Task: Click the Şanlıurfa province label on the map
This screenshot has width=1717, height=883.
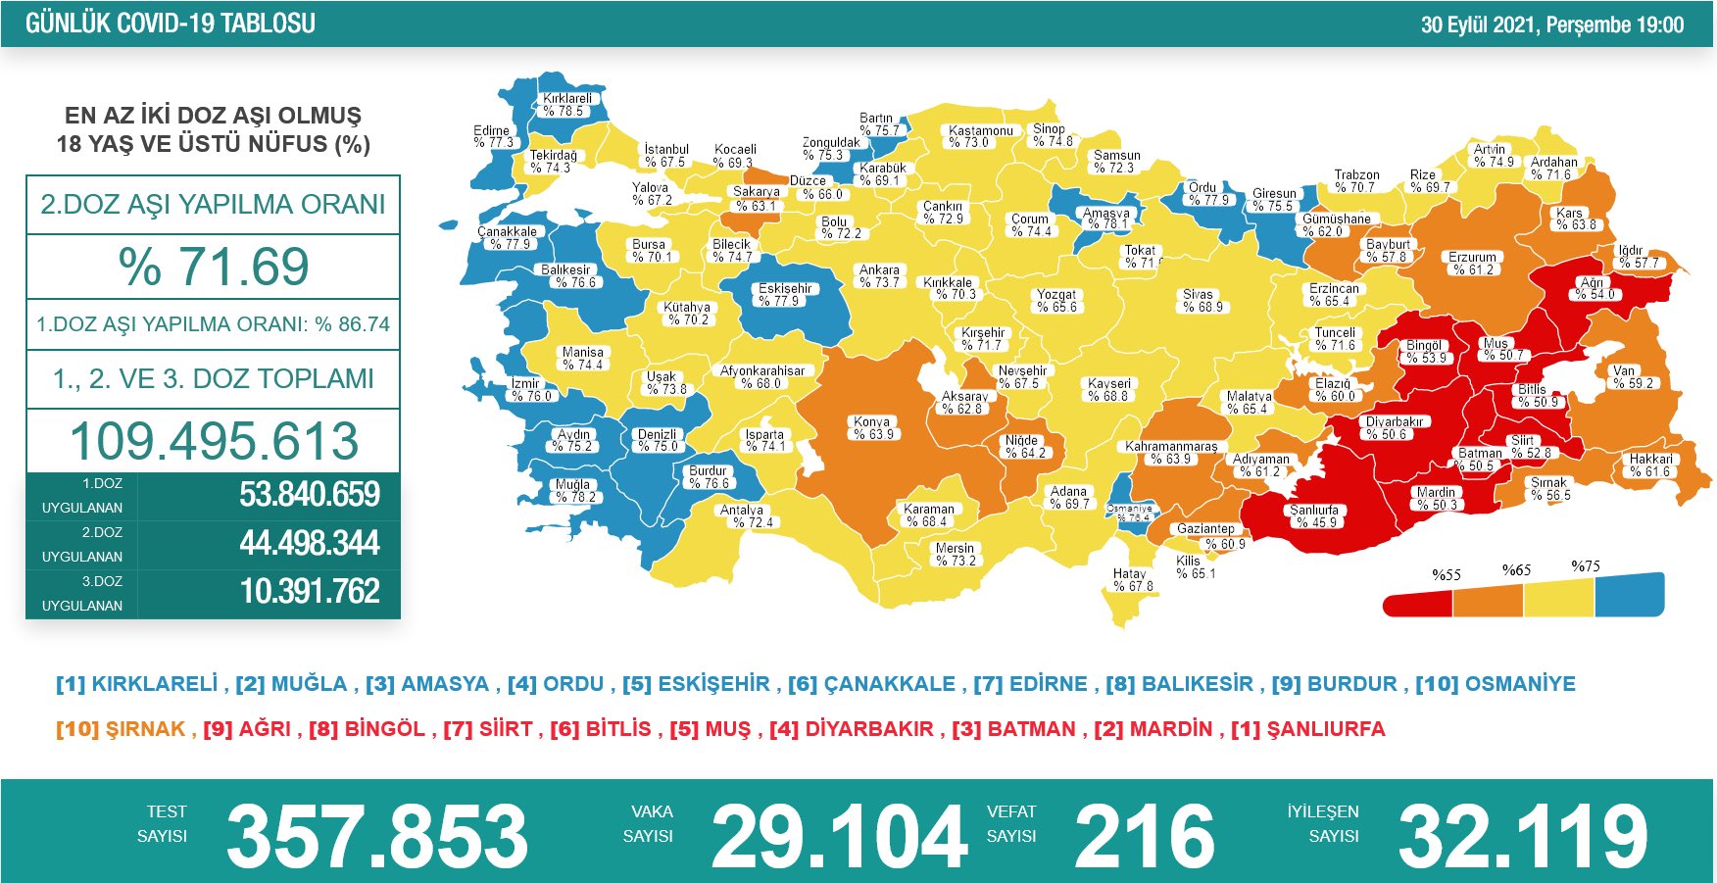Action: (x=1313, y=515)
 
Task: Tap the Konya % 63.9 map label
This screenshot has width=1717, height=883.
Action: (x=872, y=428)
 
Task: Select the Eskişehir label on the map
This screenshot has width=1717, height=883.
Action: (x=784, y=294)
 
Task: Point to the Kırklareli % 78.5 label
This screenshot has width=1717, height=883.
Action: (x=567, y=105)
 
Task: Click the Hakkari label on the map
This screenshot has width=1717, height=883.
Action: (x=1651, y=465)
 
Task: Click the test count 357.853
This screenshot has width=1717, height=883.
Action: (x=377, y=836)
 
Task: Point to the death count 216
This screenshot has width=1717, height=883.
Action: (x=1144, y=836)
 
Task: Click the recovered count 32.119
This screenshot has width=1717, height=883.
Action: (x=1522, y=836)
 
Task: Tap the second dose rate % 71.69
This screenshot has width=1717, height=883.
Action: (x=214, y=267)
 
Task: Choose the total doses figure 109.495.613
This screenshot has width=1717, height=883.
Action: (x=214, y=441)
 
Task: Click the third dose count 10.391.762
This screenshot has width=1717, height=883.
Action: (x=309, y=592)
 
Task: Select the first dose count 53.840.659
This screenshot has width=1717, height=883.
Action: (x=309, y=495)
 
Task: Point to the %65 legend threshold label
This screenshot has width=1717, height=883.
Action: (x=1516, y=570)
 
